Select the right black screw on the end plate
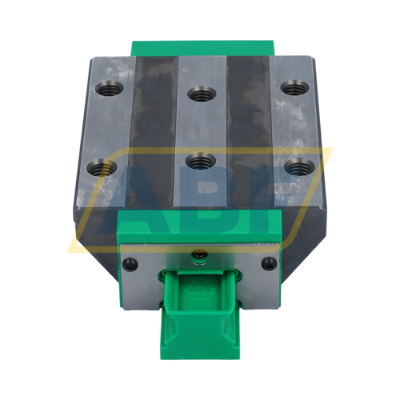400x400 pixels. tap(267, 264)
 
